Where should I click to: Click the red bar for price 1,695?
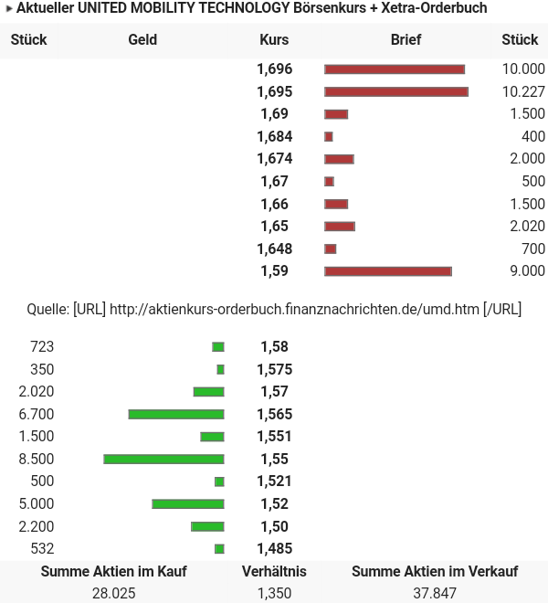[396, 91]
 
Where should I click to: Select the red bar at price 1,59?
[388, 271]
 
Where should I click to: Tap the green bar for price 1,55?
[164, 459]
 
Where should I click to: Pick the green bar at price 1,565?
[176, 414]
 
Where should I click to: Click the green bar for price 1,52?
[188, 503]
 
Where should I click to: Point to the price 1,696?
[274, 69]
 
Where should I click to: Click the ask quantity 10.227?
[523, 91]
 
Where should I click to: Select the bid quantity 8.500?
[37, 459]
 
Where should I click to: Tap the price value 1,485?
[274, 548]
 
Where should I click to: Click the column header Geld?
[142, 40]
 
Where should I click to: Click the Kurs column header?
[274, 40]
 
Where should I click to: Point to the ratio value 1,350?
[274, 593]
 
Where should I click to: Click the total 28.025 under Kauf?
[114, 593]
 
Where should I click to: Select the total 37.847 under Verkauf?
[435, 593]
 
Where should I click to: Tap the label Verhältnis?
[274, 571]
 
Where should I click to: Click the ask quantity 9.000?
[527, 271]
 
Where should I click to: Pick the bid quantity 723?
[42, 346]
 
